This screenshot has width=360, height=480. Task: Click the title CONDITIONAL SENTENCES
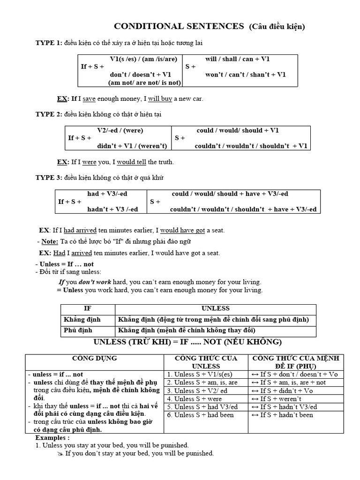tap(180, 26)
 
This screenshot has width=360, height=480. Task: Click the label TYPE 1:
tap(49, 43)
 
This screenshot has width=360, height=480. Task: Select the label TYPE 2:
tap(49, 114)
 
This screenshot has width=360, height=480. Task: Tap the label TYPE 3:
tap(49, 178)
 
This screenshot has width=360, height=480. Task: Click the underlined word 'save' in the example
tap(89, 99)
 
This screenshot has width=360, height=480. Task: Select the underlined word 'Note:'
tap(50, 241)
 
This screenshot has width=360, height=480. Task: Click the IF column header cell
tap(88, 309)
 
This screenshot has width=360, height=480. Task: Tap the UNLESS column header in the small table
tap(215, 309)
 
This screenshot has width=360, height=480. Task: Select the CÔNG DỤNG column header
tap(94, 359)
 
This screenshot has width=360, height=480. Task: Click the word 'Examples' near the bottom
tap(51, 437)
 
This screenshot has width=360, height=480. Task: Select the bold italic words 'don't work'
tap(94, 282)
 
